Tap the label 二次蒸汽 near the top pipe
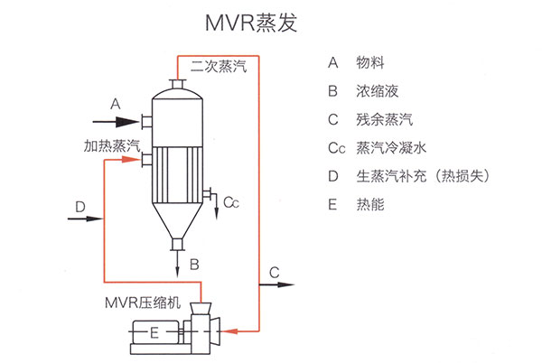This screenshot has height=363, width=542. click(218, 67)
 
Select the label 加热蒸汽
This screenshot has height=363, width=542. click(112, 144)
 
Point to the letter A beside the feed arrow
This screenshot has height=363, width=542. click(115, 104)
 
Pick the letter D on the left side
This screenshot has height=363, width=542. click(80, 207)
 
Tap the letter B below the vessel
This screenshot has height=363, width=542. click(194, 265)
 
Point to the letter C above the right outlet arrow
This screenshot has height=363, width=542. click(275, 271)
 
